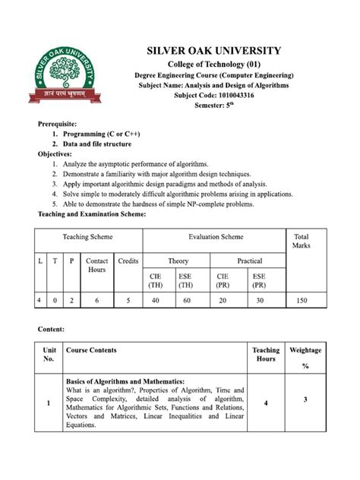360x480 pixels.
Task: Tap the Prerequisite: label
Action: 61,123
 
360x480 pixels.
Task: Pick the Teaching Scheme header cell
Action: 87,237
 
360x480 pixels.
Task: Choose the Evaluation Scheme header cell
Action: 214,237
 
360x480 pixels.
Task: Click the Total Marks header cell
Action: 301,242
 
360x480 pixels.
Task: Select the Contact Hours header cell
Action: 96,265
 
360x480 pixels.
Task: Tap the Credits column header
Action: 128,261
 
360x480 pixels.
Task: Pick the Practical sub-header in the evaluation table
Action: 249,261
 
